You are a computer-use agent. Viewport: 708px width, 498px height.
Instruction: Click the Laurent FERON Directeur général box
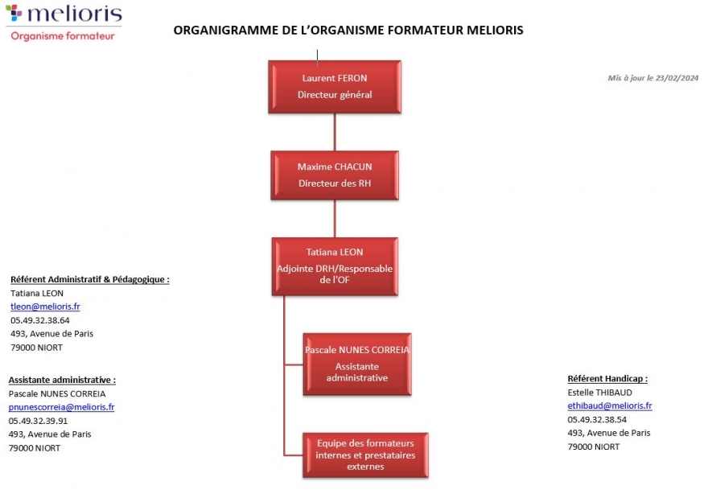(x=335, y=86)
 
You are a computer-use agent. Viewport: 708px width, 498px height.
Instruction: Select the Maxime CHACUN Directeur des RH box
(x=335, y=175)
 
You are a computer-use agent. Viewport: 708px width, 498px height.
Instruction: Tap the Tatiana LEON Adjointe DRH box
(x=335, y=265)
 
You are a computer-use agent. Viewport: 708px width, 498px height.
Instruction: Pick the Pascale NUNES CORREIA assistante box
(x=357, y=364)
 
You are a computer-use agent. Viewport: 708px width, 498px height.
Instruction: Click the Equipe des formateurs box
(x=365, y=455)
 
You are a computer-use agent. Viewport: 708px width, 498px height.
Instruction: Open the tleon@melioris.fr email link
(x=45, y=307)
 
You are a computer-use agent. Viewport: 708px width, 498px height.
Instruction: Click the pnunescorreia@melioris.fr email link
(x=61, y=407)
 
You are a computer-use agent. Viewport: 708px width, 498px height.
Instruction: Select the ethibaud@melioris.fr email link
(x=609, y=406)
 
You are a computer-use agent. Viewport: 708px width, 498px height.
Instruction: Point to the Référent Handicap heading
(x=607, y=378)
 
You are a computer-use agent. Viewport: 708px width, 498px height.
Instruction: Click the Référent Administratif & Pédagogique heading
(x=89, y=279)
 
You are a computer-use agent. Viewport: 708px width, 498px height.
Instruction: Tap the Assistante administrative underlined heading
(x=62, y=380)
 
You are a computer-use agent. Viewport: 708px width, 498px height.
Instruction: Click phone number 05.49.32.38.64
(x=39, y=320)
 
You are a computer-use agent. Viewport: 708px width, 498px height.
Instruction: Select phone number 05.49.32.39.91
(x=38, y=421)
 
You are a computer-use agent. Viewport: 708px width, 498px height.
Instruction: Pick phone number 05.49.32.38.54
(x=597, y=420)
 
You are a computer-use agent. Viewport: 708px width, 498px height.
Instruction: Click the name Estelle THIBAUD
(x=599, y=393)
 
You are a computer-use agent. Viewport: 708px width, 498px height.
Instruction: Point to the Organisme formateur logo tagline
(x=62, y=36)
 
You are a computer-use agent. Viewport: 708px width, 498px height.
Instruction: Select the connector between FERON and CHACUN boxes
(x=335, y=132)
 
